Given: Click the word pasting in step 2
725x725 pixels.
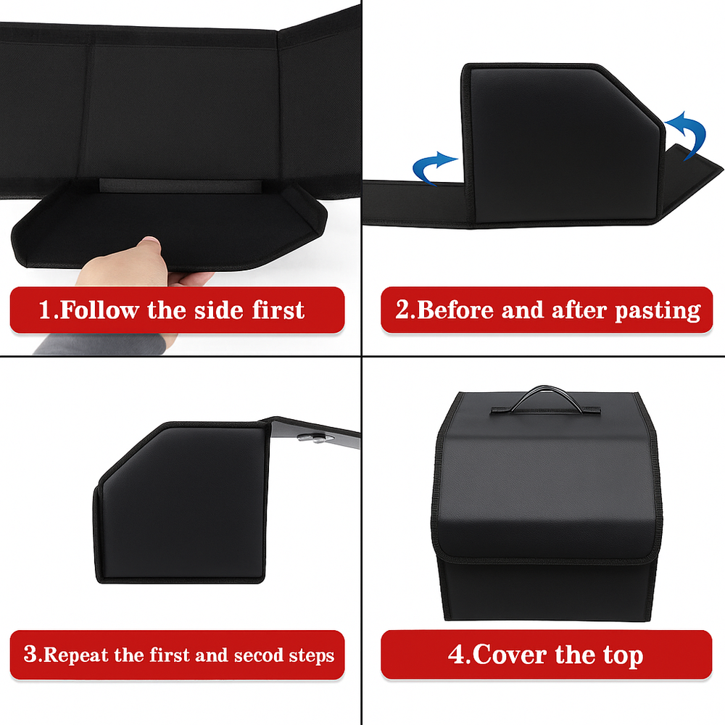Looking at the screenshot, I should coord(658,310).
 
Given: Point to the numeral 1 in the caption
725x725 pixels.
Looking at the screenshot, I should coord(46,311).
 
